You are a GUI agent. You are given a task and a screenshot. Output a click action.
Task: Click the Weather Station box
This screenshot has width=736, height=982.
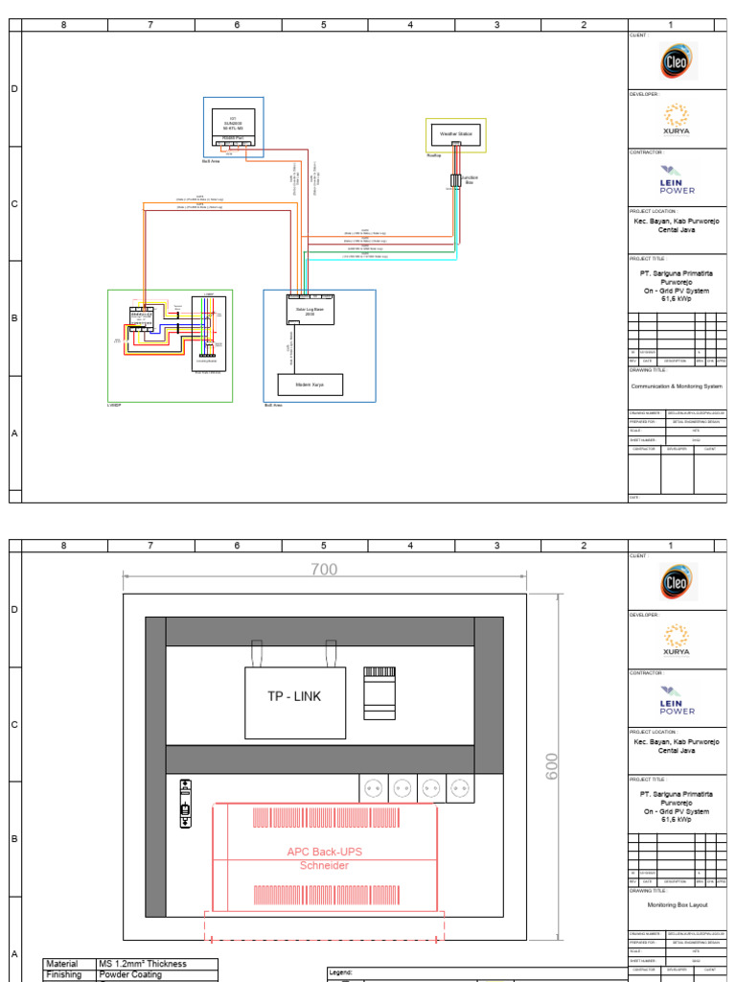[x=456, y=134]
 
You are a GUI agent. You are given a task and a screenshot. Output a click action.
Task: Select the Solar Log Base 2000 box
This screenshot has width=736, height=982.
[x=310, y=310]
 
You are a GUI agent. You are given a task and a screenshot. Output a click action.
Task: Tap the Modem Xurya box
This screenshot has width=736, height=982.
[x=310, y=385]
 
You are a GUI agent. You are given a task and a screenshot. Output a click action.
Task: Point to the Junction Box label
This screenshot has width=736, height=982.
[x=470, y=179]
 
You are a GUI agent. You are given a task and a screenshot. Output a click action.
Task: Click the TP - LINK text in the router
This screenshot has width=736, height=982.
[x=294, y=696]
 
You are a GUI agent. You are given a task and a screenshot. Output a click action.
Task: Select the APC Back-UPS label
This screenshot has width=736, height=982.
[x=325, y=852]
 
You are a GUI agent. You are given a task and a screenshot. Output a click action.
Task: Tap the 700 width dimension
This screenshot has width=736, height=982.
[x=324, y=570]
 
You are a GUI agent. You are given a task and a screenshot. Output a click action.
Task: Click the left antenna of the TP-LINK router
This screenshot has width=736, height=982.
[x=257, y=653]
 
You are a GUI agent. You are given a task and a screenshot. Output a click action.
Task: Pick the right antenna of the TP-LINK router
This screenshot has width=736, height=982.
[x=332, y=653]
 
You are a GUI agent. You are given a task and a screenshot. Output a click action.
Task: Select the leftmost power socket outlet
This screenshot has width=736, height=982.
[x=373, y=788]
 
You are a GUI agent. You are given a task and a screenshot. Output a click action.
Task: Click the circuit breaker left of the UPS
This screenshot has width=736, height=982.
[x=184, y=803]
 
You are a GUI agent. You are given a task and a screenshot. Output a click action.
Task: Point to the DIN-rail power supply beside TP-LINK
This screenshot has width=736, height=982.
[x=379, y=691]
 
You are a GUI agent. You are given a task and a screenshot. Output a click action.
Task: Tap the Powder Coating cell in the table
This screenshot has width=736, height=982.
[x=130, y=974]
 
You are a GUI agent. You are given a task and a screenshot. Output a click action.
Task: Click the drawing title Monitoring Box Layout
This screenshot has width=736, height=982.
[x=676, y=903]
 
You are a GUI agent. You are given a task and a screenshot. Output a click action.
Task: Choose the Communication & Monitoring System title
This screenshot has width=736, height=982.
[x=676, y=386]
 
